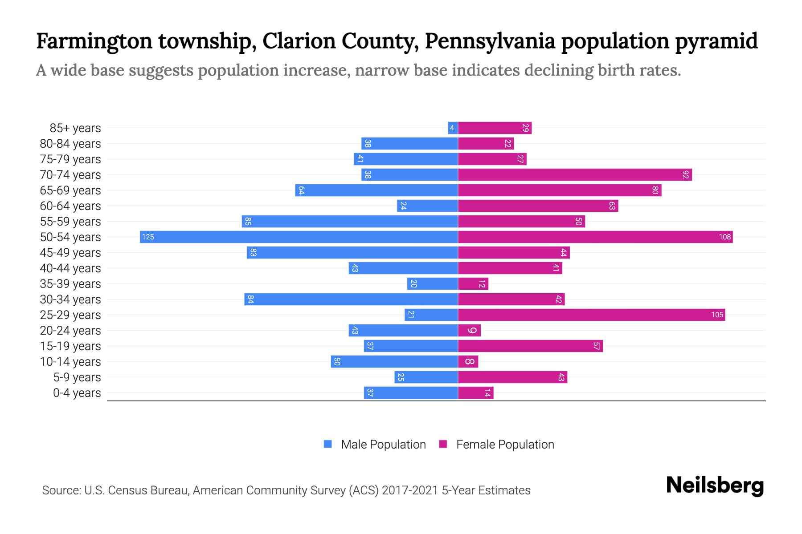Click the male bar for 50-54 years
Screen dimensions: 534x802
coord(299,237)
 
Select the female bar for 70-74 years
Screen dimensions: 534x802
coord(575,174)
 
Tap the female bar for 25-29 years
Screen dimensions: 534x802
coord(591,315)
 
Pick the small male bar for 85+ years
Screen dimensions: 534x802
coord(453,128)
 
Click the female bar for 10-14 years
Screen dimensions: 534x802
coord(468,361)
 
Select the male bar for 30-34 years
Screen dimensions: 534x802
coord(351,299)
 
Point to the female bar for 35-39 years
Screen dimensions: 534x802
coord(473,283)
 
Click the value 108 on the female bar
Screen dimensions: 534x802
coord(724,237)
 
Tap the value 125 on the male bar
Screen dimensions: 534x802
coord(148,237)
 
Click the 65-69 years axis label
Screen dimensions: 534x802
coord(70,190)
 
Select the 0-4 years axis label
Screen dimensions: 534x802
coord(77,393)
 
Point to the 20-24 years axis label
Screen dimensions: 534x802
coord(70,331)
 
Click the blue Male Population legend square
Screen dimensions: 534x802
coord(328,444)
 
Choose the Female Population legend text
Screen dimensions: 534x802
coord(505,444)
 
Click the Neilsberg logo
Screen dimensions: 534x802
coord(715,485)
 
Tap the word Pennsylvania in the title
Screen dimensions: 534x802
coord(490,41)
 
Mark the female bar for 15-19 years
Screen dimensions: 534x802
coord(530,346)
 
